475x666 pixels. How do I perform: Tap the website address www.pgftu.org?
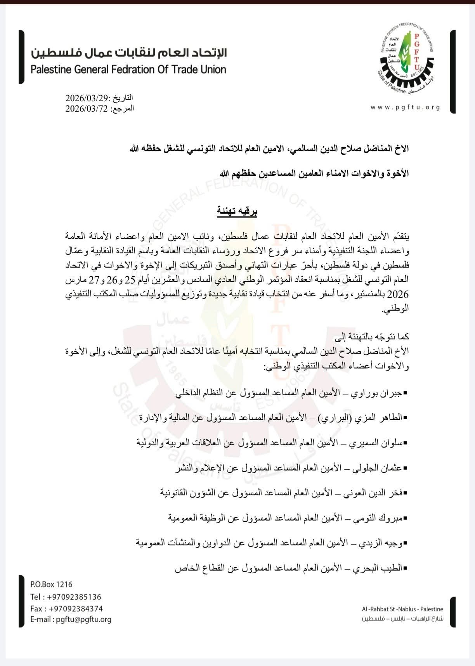click(x=406, y=107)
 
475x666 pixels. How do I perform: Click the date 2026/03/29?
click(x=87, y=97)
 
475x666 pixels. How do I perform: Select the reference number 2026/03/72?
click(x=87, y=108)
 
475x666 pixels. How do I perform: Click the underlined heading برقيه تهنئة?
click(x=237, y=211)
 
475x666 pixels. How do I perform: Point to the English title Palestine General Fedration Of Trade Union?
click(x=128, y=70)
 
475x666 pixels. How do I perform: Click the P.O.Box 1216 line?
click(x=51, y=585)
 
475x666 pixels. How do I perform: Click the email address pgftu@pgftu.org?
click(x=83, y=619)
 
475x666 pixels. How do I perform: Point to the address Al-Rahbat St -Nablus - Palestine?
click(x=402, y=609)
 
